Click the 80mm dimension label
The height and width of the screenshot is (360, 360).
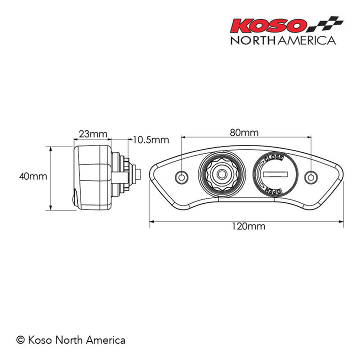244,132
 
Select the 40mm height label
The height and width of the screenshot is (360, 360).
32,176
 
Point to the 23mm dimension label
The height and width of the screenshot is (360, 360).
92,133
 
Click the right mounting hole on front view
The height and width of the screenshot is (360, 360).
311,176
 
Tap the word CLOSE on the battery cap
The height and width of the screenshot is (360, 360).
274,159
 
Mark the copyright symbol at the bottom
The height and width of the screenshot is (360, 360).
20,340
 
